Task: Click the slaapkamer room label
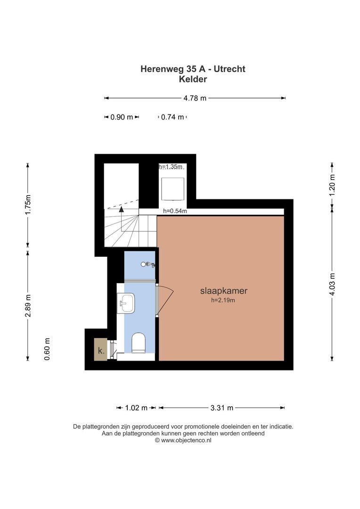pyautogui.click(x=224, y=291)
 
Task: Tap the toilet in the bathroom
pyautogui.click(x=138, y=342)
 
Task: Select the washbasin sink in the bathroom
pyautogui.click(x=126, y=303)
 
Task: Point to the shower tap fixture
pyautogui.click(x=148, y=264)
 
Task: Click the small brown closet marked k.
pyautogui.click(x=101, y=349)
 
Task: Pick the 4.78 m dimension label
pyautogui.click(x=195, y=98)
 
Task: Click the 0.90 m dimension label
pyautogui.click(x=122, y=117)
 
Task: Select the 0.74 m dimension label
pyautogui.click(x=172, y=117)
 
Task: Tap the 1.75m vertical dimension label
pyautogui.click(x=28, y=204)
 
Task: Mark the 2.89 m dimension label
pyautogui.click(x=28, y=306)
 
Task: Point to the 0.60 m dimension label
pyautogui.click(x=47, y=349)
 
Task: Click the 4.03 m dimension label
pyautogui.click(x=332, y=285)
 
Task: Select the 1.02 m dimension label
pyautogui.click(x=136, y=408)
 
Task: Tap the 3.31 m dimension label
pyautogui.click(x=222, y=408)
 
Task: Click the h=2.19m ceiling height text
pyautogui.click(x=223, y=300)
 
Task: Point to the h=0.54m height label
pyautogui.click(x=175, y=211)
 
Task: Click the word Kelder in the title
pyautogui.click(x=193, y=79)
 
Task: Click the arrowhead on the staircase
pyautogui.click(x=122, y=209)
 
